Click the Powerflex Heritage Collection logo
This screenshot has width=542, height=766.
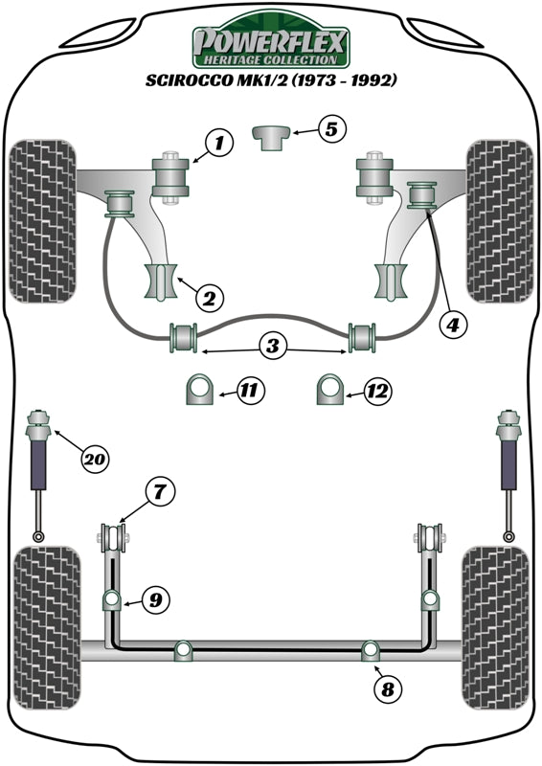(272, 43)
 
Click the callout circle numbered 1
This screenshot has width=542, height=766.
(218, 145)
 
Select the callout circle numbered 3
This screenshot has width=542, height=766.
(273, 347)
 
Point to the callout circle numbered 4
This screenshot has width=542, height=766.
(453, 325)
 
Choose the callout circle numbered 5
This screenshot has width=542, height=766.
(329, 129)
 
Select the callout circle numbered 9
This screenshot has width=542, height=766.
(153, 600)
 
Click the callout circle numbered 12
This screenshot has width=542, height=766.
(377, 390)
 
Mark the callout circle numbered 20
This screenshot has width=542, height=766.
(93, 460)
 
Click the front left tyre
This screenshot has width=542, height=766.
(42, 221)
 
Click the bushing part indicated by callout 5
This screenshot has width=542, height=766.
(272, 136)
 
